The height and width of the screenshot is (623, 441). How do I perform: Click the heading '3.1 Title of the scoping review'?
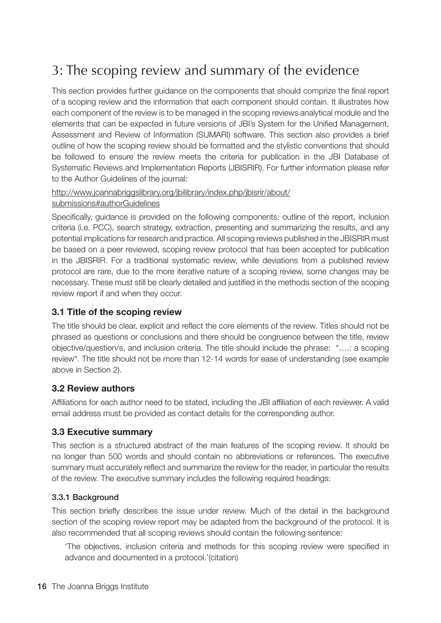pos(117,312)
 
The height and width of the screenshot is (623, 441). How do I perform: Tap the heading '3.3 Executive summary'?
pos(102,432)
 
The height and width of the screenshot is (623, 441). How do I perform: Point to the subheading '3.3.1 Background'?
pos(85,497)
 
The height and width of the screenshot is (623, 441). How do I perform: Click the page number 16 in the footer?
pos(42,586)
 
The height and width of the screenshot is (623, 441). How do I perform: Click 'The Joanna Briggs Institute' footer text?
pos(100,586)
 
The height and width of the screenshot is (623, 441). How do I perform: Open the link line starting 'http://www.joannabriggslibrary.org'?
pos(171,192)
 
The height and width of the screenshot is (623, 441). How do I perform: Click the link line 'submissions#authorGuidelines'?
pos(105,203)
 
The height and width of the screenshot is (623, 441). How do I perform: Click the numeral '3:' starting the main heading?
pos(57,71)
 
